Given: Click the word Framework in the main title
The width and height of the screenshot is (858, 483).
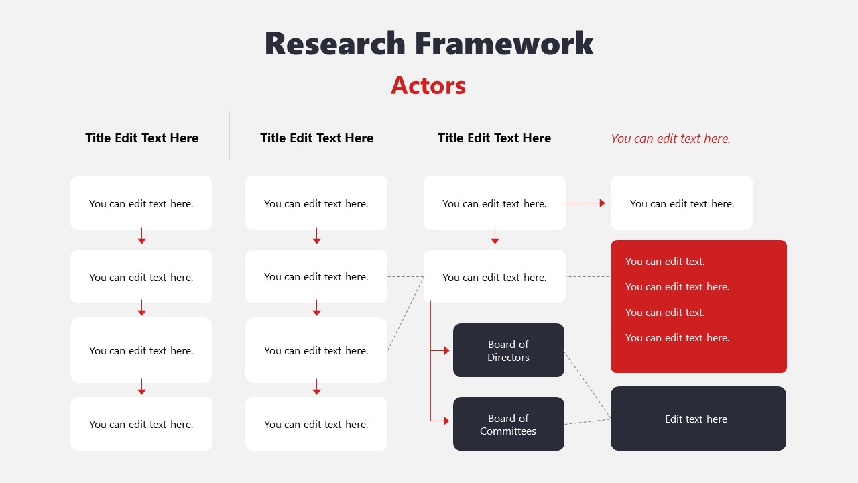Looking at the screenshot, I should point(503,44).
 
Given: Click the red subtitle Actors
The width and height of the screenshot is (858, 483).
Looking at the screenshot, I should point(428,85).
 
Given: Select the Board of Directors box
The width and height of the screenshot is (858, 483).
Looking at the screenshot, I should point(508,350).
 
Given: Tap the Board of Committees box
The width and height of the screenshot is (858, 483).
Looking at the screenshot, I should point(508,424).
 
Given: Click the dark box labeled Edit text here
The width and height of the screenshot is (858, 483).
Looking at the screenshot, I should point(698,419).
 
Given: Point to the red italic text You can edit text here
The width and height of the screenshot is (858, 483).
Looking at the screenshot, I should point(670,139).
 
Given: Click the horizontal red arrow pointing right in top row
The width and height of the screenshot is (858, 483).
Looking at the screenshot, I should point(583,203).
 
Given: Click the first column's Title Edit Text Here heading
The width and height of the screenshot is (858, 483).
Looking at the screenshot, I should point(141,138).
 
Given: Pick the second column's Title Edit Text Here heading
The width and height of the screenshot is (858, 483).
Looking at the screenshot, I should point(316,138).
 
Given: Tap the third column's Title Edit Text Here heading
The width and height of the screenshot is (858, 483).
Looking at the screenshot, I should point(494,138).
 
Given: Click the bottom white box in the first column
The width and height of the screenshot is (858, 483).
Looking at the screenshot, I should point(141,424).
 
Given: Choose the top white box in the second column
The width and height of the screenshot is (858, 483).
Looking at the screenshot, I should point(316,203).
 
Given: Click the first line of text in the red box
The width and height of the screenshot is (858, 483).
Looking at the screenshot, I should point(665,262).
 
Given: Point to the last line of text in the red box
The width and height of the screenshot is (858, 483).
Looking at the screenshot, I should point(677,338).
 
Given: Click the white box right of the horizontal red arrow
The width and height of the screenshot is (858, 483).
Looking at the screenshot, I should point(682,203).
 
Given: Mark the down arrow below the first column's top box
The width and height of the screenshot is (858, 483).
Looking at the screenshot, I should point(141,237).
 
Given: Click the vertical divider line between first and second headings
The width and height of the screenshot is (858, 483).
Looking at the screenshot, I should point(229,136).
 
